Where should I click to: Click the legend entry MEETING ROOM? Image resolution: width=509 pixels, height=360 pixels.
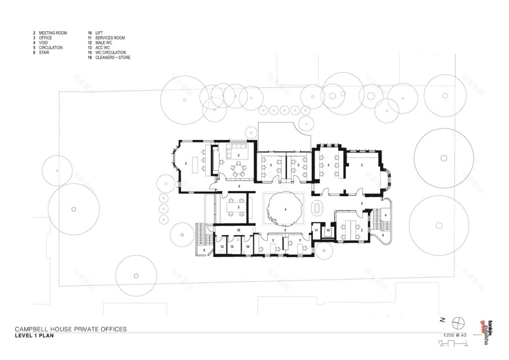point(53,33)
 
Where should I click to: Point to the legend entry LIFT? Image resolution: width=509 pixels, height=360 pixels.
point(99,33)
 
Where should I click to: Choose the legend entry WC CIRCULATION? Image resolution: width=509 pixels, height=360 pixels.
point(110,53)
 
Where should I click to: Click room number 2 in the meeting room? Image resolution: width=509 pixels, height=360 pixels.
point(362,230)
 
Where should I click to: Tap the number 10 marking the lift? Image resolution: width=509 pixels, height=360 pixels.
point(327,230)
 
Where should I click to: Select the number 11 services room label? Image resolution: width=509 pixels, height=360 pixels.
point(316,230)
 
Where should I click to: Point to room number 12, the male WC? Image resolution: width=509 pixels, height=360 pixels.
point(222,247)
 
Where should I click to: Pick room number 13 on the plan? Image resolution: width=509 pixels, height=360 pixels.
point(232,247)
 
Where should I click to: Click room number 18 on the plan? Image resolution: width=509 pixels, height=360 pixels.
point(248,247)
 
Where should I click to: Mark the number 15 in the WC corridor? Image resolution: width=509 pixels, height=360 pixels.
point(238,230)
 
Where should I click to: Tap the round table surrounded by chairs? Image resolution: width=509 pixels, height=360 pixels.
point(237,170)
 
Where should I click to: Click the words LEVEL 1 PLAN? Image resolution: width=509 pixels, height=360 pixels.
point(35,335)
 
